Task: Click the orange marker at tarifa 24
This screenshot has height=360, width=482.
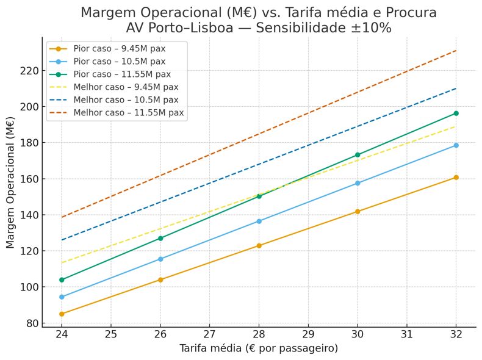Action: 62,314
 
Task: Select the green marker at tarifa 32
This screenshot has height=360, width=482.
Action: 456,113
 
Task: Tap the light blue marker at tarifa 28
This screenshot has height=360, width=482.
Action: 259,221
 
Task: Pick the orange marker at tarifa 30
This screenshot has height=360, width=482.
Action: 358,212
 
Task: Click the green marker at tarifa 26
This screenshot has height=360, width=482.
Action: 160,238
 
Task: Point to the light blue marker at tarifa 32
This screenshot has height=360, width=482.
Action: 456,145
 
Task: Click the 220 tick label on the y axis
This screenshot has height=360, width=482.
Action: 31,71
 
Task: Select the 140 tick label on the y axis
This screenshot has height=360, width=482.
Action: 31,215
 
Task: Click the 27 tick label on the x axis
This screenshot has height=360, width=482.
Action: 209,334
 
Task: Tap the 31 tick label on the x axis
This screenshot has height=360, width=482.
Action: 407,334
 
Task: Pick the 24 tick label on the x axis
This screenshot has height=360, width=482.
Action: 62,334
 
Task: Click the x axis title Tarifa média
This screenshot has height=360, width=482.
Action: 259,348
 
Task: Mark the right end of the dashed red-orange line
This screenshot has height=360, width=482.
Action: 456,51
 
